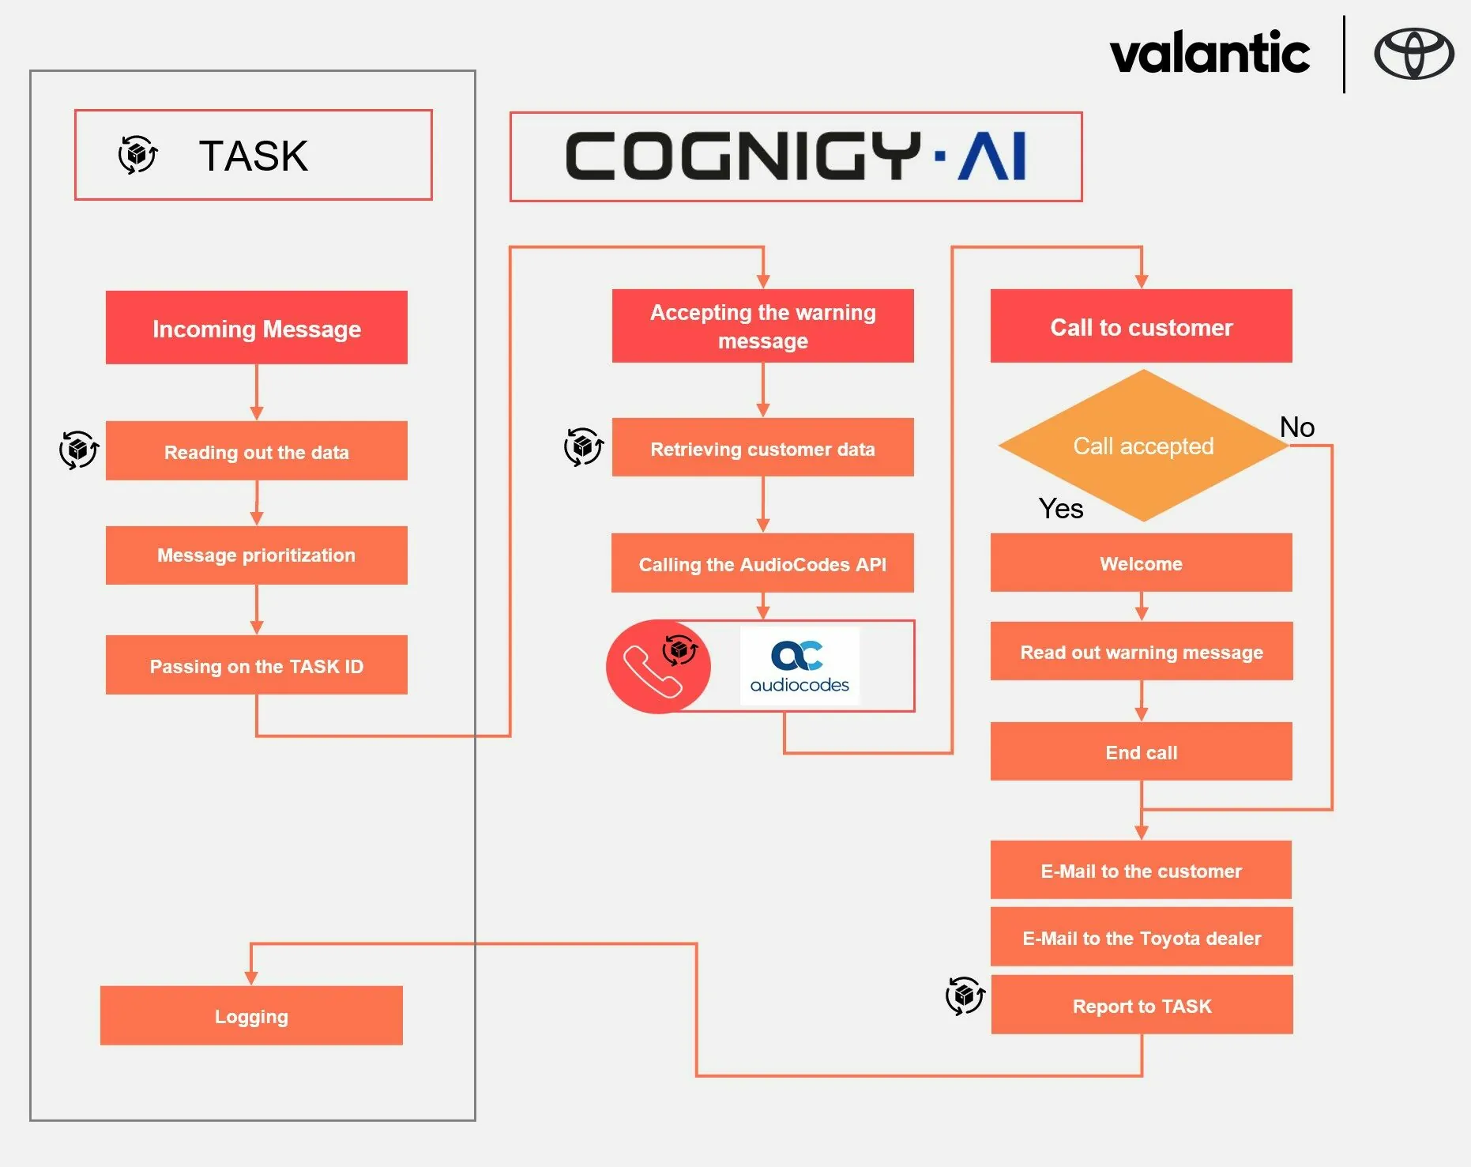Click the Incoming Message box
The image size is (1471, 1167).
257,328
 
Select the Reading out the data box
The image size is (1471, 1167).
257,451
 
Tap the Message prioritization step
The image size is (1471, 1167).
257,555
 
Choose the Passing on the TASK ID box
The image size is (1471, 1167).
257,665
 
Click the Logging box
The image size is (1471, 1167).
251,1015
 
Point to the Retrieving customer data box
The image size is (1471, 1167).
762,448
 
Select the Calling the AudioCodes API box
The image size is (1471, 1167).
762,563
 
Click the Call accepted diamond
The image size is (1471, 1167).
1142,446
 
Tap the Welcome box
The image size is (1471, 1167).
1141,563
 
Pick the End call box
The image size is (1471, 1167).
1141,751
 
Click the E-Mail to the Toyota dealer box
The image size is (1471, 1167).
1141,937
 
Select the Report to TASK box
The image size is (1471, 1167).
1142,1005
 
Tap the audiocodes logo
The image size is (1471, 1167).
799,666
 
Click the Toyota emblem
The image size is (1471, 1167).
1413,54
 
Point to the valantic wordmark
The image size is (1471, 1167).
1210,54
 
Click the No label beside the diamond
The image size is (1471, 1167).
1296,427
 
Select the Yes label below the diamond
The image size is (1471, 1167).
1060,509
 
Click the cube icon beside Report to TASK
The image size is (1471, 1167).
965,996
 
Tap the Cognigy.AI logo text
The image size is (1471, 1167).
796,156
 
